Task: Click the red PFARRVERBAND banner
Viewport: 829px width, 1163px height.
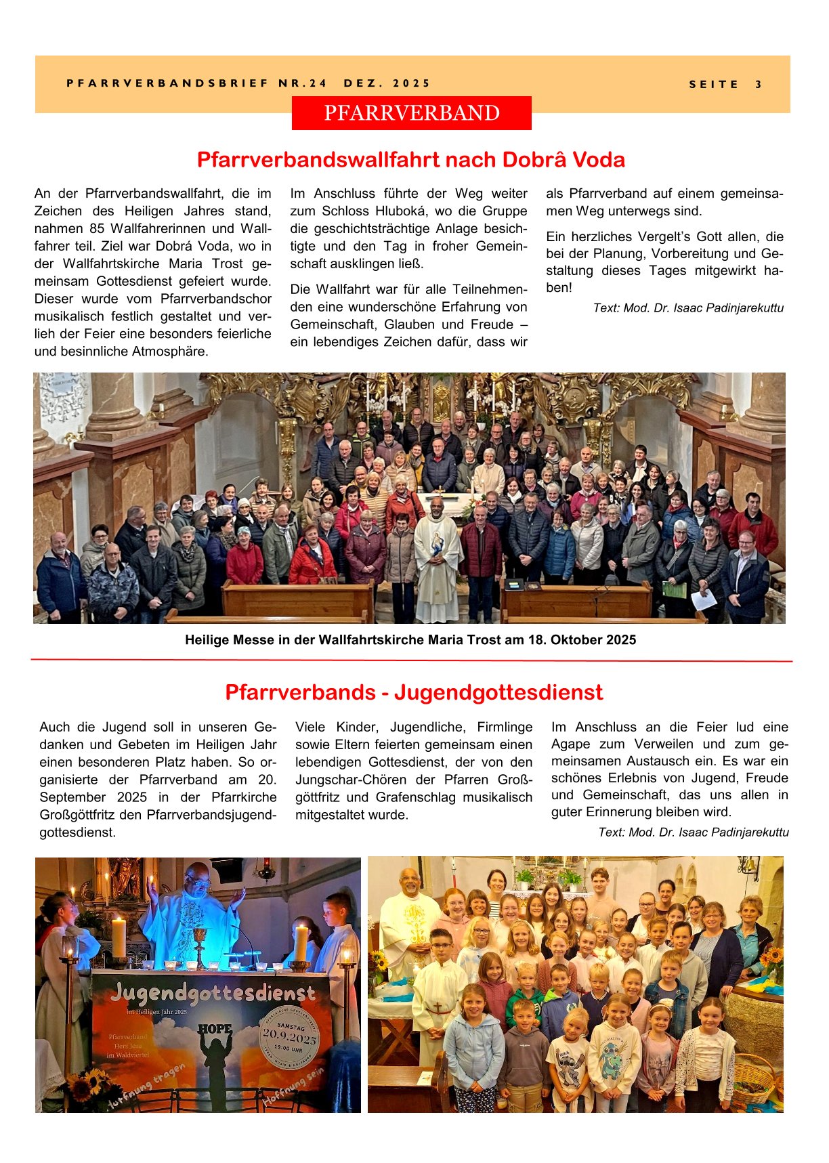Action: (x=411, y=113)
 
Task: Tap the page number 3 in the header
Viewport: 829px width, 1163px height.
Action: (x=759, y=85)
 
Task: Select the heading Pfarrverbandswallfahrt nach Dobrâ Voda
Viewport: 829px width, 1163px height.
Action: (x=410, y=160)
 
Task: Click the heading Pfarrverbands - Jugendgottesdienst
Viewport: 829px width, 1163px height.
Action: (x=413, y=692)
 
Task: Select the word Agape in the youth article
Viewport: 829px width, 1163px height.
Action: (x=570, y=744)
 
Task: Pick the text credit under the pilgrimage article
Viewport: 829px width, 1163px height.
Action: (x=687, y=308)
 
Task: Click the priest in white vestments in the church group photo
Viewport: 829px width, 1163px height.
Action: (x=437, y=555)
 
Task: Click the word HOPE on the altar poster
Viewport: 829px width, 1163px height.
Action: (x=215, y=1029)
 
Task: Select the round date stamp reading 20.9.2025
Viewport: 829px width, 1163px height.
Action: (x=289, y=1036)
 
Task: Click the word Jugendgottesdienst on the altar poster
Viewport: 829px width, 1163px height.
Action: (x=213, y=993)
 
